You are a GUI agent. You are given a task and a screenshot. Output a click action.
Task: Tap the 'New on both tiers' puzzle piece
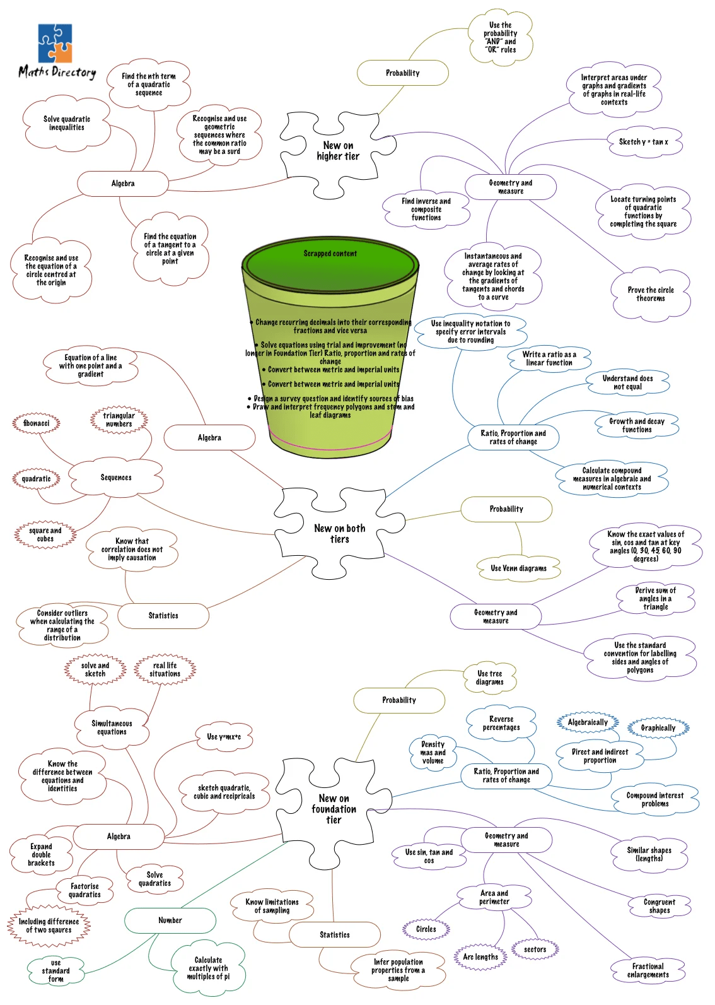pos(339,533)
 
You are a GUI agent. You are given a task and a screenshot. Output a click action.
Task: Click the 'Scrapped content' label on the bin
pos(330,254)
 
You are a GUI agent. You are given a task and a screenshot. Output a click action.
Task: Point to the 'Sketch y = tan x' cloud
pos(644,142)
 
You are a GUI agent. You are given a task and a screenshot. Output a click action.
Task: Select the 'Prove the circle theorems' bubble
pos(651,295)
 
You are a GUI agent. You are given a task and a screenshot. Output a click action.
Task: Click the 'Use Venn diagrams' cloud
pos(519,568)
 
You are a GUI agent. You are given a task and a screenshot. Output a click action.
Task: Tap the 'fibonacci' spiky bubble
pos(37,423)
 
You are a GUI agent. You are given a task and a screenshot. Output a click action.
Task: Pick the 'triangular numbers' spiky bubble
pos(119,420)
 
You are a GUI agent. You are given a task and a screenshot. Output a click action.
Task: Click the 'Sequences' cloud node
pos(115,478)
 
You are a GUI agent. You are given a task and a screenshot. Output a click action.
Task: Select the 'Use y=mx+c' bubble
pos(224,737)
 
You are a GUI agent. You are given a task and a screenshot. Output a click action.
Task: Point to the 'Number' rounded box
pos(170,920)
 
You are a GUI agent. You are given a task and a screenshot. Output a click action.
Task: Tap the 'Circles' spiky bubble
pos(426,929)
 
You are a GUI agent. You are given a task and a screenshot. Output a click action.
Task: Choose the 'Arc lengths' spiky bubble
pos(480,957)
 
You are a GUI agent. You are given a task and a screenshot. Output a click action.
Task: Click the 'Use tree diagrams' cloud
pos(489,678)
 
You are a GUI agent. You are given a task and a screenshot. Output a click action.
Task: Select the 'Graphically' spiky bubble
pos(658,728)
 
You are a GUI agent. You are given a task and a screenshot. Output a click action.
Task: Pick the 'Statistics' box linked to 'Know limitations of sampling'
pos(334,935)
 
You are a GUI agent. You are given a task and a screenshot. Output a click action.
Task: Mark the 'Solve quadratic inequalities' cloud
pos(67,124)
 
